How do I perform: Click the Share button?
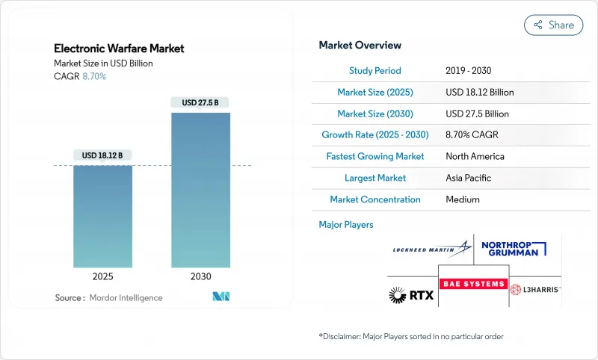tap(554, 25)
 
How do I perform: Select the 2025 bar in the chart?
tap(102, 216)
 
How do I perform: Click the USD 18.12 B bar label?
tap(102, 155)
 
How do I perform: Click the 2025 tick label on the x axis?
tap(103, 276)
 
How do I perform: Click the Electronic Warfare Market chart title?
tap(119, 49)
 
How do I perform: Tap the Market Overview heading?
tap(360, 45)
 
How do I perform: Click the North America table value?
tap(475, 157)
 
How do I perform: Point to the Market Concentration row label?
tap(374, 199)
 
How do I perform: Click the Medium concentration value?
tap(463, 199)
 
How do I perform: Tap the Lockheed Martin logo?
tap(432, 248)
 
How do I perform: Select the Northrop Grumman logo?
tap(516, 248)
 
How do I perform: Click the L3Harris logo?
tap(535, 289)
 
